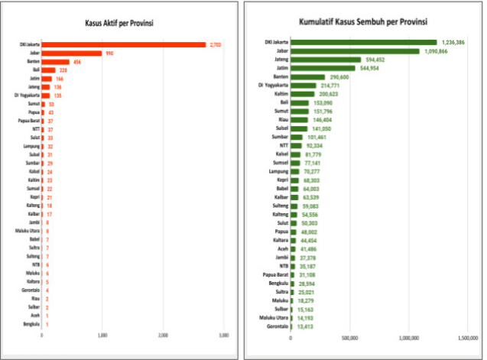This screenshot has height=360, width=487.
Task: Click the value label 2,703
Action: (216, 44)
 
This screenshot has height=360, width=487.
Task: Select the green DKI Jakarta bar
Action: (363, 42)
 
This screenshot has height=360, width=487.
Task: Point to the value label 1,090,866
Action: (436, 50)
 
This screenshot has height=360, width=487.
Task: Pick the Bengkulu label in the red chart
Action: (31, 324)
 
